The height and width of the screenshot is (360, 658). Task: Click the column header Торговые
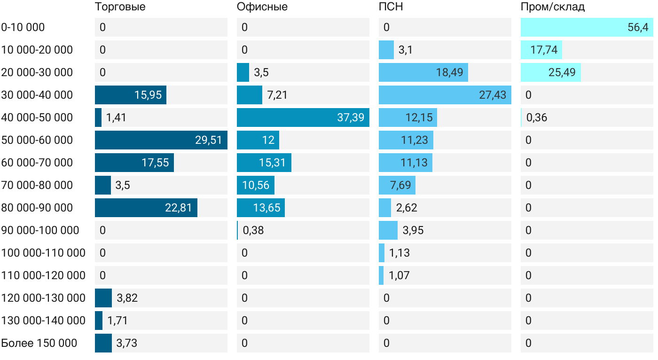120,7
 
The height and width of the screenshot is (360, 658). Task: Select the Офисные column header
262,7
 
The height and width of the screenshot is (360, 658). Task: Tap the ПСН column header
391,7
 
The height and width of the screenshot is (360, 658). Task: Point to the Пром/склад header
553,7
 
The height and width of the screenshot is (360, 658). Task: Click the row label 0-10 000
23,27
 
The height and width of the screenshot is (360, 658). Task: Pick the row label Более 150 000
39,343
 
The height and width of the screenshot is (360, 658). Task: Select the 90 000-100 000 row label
40,230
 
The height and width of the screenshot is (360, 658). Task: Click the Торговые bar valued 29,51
161,140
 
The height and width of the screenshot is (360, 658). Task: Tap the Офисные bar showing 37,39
303,117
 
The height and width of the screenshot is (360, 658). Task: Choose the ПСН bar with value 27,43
445,95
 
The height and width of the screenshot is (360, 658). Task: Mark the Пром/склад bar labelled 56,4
587,27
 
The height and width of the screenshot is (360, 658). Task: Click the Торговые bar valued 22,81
146,208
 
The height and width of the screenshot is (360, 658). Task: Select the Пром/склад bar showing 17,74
541,50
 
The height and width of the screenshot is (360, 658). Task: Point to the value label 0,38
253,230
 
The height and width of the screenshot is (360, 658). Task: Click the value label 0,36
537,117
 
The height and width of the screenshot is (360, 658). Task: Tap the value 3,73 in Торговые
127,343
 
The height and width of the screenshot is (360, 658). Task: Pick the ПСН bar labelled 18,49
423,72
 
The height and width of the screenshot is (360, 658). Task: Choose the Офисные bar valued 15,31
264,163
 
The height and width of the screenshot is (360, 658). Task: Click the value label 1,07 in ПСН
399,275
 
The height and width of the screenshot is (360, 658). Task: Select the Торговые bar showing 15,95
130,95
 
